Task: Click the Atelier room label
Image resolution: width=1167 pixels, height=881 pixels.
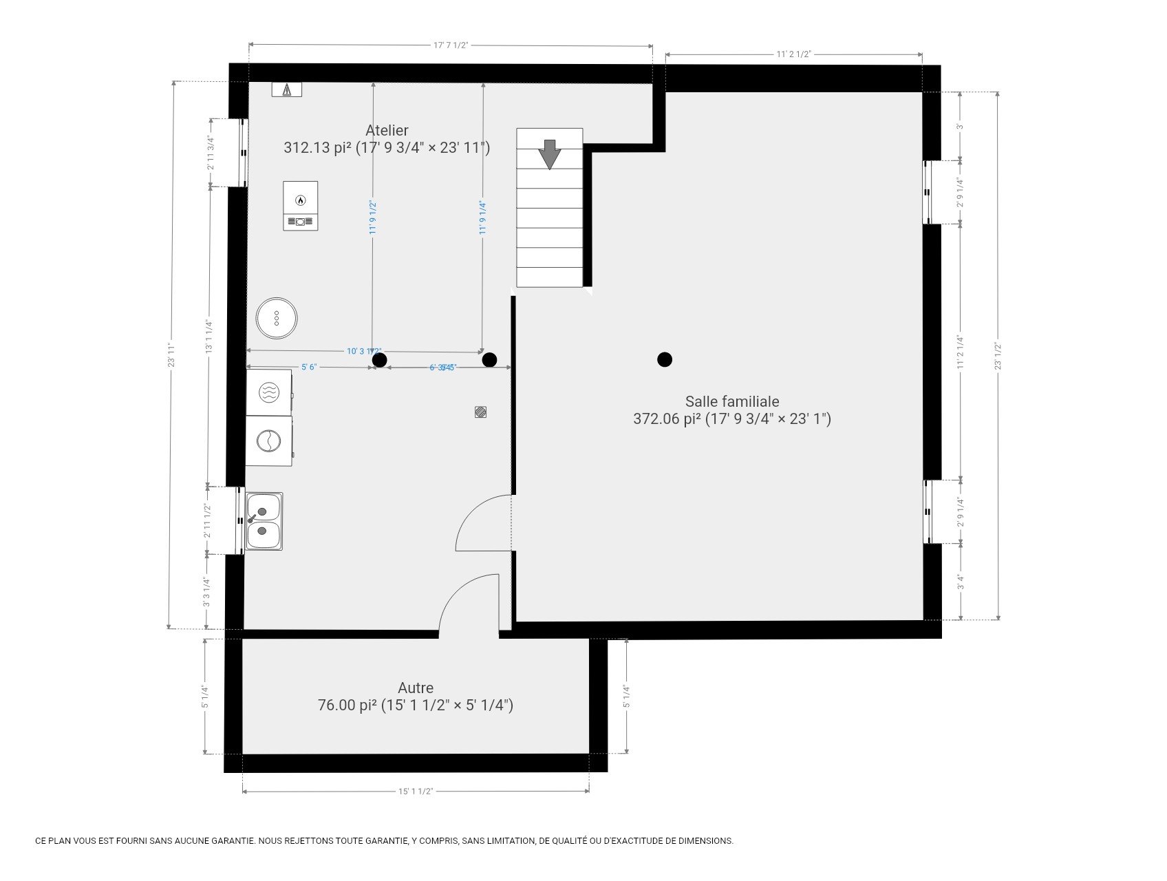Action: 387,131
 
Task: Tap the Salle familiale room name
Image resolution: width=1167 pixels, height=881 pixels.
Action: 732,401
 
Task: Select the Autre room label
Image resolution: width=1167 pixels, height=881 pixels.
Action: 416,688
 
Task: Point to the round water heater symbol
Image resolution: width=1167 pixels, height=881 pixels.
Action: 277,318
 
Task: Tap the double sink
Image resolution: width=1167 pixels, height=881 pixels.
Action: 264,521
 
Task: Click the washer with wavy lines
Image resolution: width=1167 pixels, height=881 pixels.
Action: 269,392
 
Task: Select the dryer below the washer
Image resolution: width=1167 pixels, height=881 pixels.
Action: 269,440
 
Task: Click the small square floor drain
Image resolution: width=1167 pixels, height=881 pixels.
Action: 481,412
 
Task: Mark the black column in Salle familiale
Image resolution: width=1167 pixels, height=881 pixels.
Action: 664,359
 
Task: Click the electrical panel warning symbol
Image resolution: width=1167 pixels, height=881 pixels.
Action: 286,89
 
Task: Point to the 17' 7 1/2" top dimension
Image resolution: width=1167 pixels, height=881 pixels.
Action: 451,45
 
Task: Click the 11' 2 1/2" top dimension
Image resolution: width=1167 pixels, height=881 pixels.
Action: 793,54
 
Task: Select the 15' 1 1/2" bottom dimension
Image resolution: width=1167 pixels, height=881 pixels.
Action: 416,791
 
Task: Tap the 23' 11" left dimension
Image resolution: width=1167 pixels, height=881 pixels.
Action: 172,354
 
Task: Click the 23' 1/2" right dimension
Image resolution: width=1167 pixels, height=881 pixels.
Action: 998,356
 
